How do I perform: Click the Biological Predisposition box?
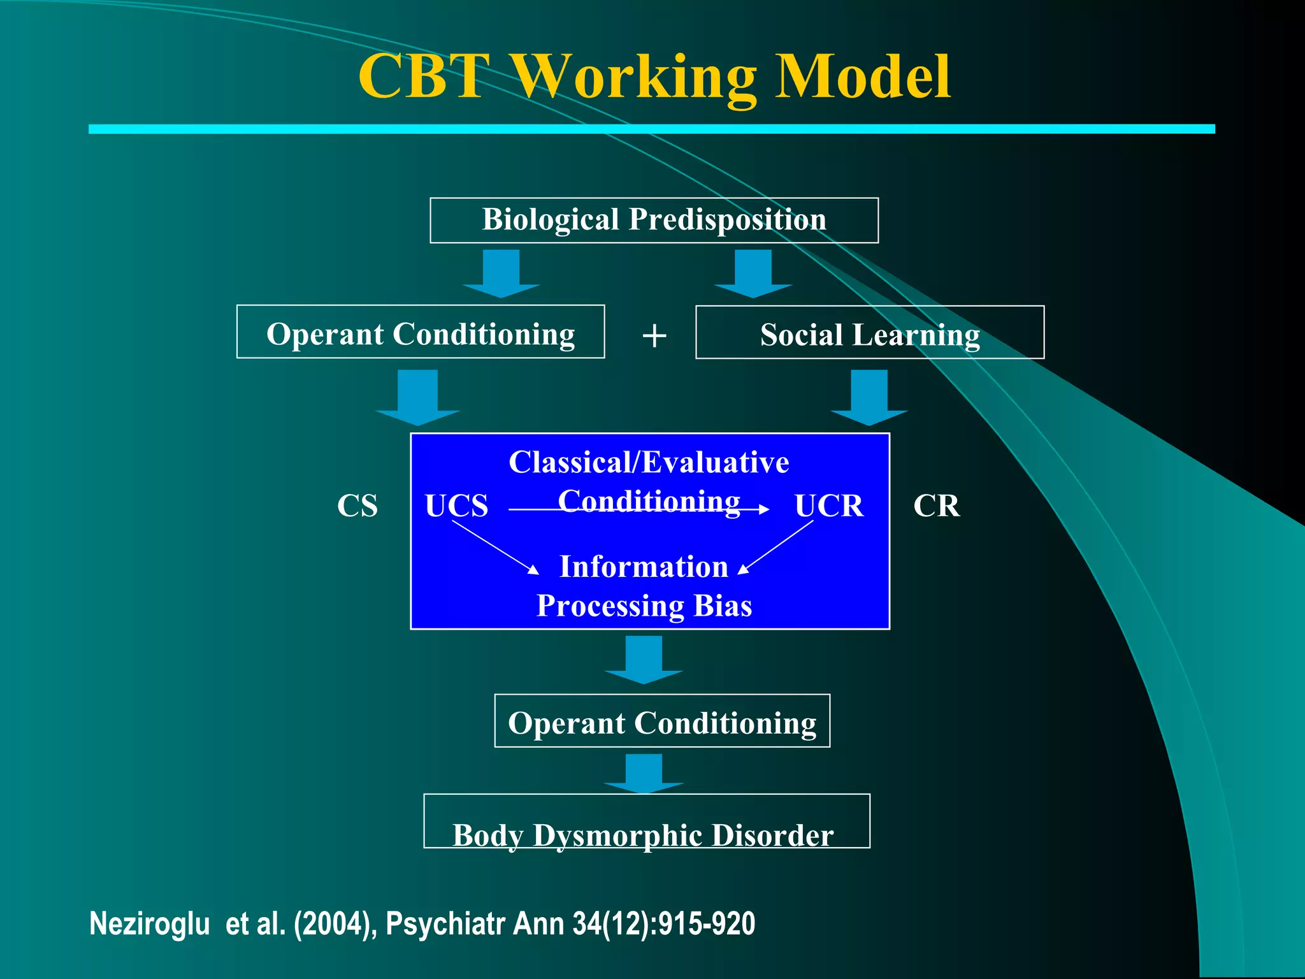coord(654,220)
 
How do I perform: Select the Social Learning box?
coord(870,333)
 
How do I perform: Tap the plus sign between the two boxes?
coord(654,335)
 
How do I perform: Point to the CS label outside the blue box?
coord(357,506)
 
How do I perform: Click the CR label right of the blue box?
coord(936,506)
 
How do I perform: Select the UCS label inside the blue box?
coord(456,506)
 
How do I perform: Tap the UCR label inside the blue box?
coord(828,506)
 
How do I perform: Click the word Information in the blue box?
coord(644,567)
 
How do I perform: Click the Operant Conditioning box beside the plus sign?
coord(421,332)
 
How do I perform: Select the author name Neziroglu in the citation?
coord(150,924)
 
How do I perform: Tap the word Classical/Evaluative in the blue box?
coord(649,462)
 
